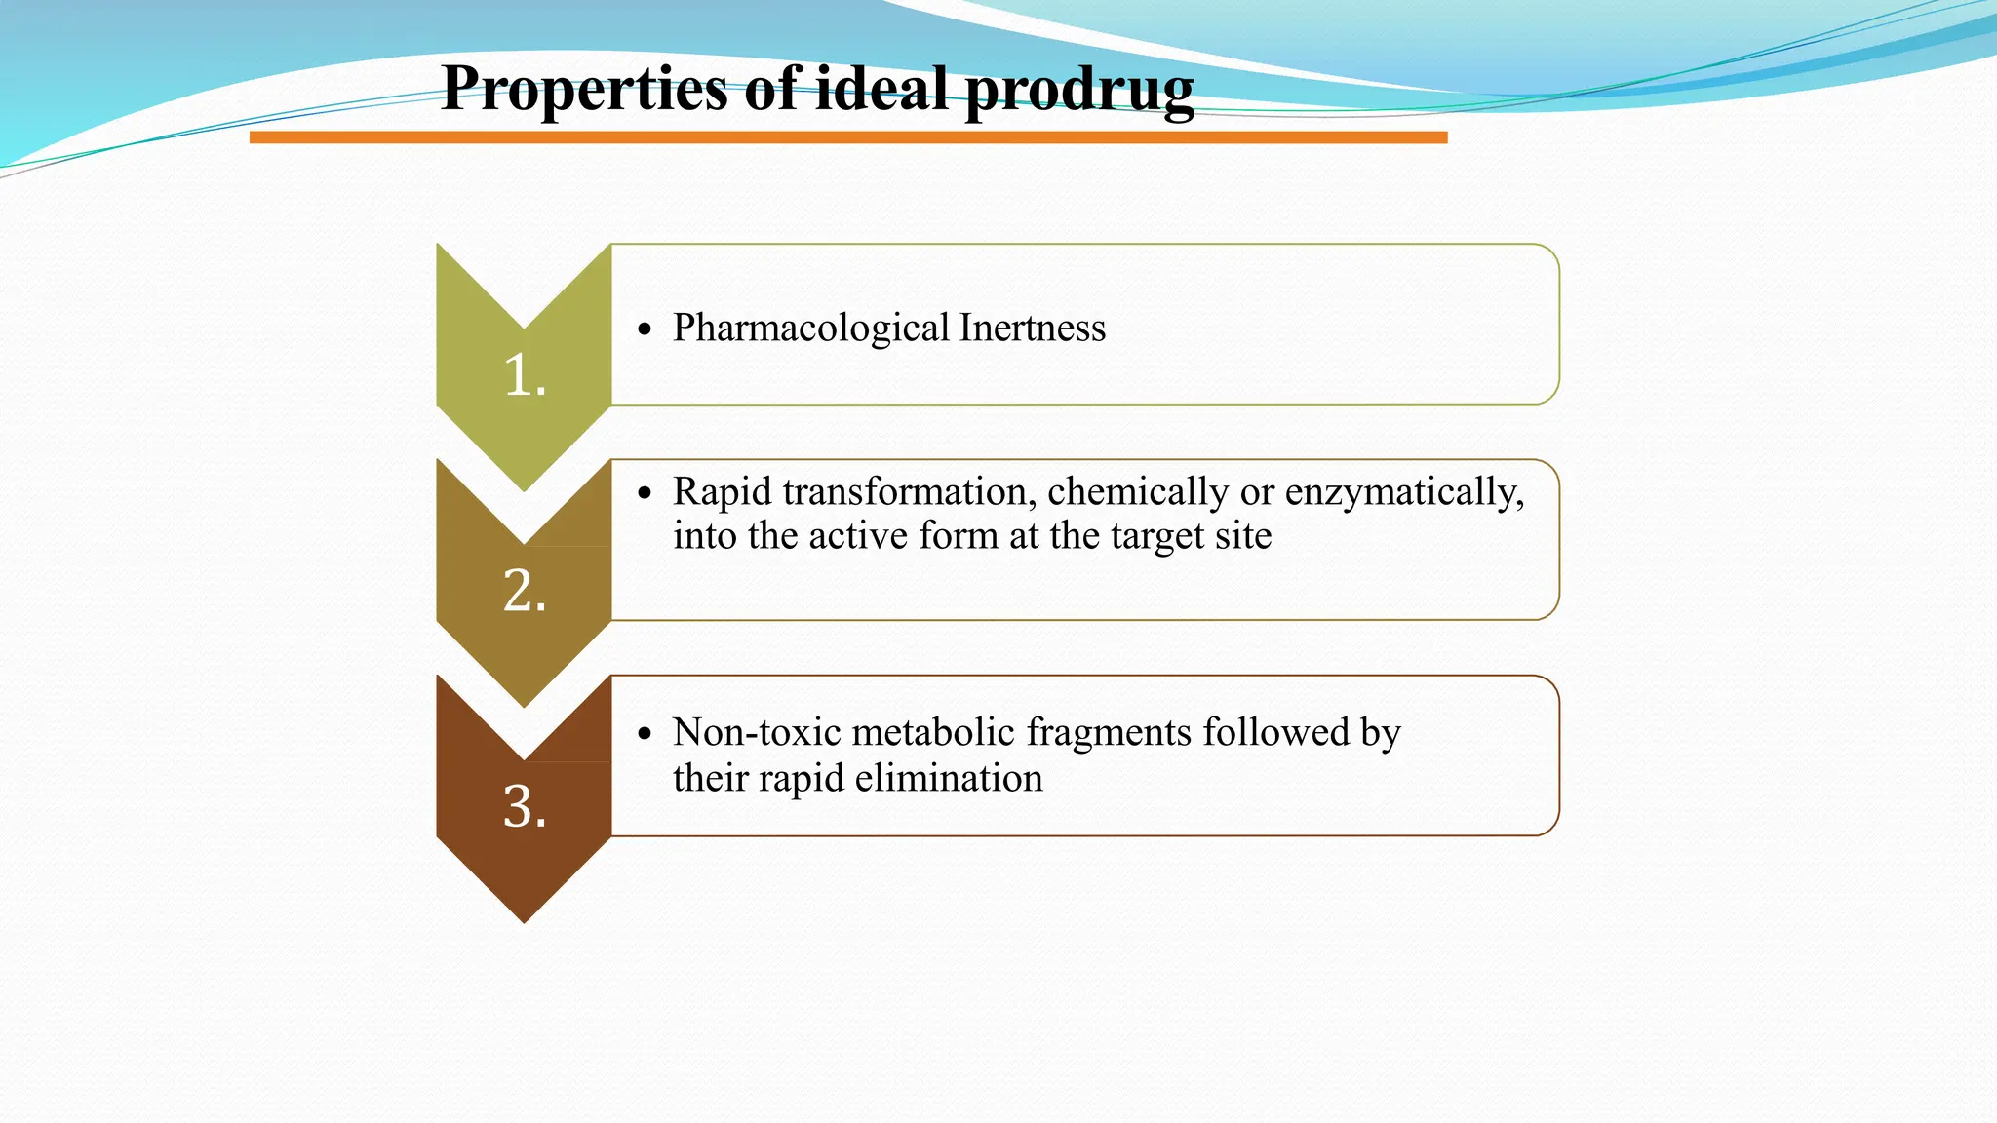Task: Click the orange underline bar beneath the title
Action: pyautogui.click(x=848, y=137)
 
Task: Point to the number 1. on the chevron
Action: pyautogui.click(x=525, y=375)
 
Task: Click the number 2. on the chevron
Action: pyautogui.click(x=525, y=591)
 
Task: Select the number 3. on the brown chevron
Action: pyautogui.click(x=525, y=807)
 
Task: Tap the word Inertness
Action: pyautogui.click(x=1033, y=328)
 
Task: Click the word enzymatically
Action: pyautogui.click(x=1404, y=493)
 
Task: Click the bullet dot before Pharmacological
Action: pyautogui.click(x=644, y=330)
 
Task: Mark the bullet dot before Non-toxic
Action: pyautogui.click(x=644, y=734)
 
